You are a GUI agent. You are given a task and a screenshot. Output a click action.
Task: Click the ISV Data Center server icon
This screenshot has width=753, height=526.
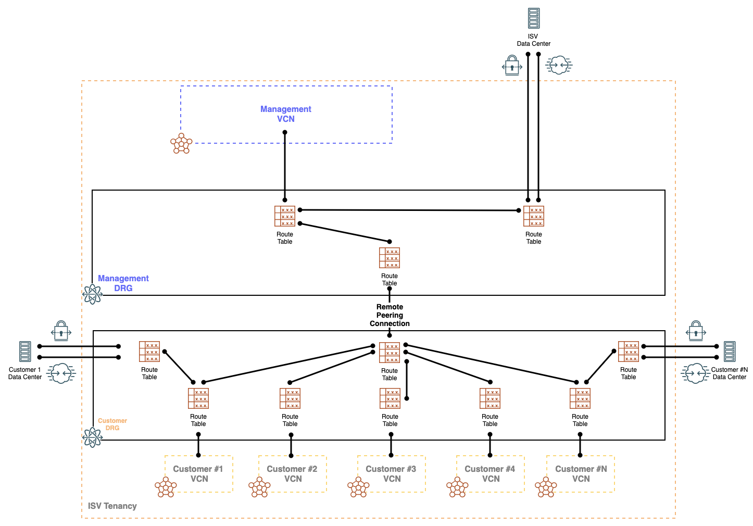[x=533, y=18]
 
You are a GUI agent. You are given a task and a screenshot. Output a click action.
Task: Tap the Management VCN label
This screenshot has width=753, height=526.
[x=285, y=114]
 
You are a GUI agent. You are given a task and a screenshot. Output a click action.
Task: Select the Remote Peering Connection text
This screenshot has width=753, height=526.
[x=390, y=315]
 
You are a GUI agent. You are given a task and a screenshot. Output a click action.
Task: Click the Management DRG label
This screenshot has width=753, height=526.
[x=123, y=283]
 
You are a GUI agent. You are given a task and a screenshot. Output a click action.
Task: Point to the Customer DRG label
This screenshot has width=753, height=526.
[x=112, y=424]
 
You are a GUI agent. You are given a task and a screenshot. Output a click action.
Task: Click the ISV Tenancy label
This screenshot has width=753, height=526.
[x=112, y=506]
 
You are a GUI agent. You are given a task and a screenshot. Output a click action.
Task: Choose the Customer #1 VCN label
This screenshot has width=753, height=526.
[x=198, y=474]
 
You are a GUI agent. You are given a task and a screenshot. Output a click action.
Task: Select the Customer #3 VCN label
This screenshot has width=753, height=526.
[x=391, y=474]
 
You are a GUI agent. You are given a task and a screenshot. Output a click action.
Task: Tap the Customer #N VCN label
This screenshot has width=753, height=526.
[x=581, y=474]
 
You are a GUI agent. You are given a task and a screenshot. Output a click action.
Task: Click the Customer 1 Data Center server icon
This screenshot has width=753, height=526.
[x=25, y=352]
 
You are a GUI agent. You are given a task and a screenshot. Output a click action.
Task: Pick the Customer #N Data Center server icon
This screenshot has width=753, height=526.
[x=730, y=352]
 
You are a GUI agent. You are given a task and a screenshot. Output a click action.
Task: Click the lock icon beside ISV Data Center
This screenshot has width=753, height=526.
[x=512, y=66]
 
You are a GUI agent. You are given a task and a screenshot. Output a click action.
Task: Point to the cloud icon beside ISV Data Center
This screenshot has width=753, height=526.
[x=559, y=65]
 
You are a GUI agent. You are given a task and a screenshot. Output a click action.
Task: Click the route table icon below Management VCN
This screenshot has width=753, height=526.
[x=285, y=216]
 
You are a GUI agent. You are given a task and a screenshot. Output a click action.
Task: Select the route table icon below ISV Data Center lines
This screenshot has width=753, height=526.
[x=534, y=216]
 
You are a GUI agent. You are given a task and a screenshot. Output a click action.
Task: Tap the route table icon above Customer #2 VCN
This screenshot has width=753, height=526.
[x=290, y=398]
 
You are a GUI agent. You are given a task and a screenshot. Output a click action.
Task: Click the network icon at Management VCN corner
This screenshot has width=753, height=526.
[x=181, y=143]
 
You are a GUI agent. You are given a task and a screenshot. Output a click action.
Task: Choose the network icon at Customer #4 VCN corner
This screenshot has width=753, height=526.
[x=457, y=487]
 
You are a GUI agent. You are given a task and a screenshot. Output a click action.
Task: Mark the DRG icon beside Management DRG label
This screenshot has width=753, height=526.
[x=93, y=294]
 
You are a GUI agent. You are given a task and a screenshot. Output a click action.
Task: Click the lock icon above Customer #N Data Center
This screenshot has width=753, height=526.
[x=696, y=331]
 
